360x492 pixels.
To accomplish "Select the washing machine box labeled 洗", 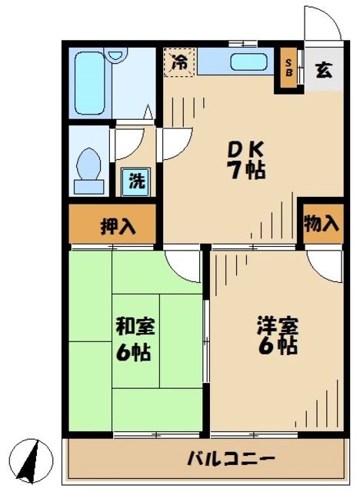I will coord(135,183).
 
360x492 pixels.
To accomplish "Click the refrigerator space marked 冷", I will coord(179,63).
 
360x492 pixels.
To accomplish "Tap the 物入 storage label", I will coord(321,224).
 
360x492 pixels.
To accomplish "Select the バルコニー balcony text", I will coord(231,460).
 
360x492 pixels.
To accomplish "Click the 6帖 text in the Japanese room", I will coord(135,354).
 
